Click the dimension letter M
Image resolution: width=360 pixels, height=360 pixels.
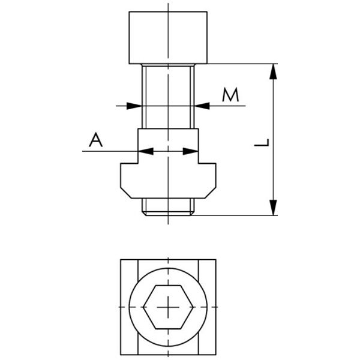pyautogui.click(x=230, y=95)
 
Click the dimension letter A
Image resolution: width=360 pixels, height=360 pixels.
pyautogui.click(x=96, y=140)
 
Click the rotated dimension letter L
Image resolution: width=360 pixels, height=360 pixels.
pyautogui.click(x=262, y=143)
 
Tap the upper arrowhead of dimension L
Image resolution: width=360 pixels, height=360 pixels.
pyautogui.click(x=273, y=71)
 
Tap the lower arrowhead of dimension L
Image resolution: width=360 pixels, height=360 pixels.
pyautogui.click(x=273, y=208)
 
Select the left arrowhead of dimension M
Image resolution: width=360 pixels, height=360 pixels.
pyautogui.click(x=134, y=106)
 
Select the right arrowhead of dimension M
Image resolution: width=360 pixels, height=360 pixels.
pyautogui.click(x=202, y=106)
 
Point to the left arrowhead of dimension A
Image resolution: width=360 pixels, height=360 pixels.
pyautogui.click(x=146, y=151)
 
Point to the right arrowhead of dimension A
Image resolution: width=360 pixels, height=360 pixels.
pyautogui.click(x=191, y=151)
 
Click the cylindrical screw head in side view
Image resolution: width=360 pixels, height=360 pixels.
pyautogui.click(x=168, y=38)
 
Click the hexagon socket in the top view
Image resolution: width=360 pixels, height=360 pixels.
pyautogui.click(x=168, y=307)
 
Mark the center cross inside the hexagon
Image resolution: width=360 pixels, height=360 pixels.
pyautogui.click(x=168, y=307)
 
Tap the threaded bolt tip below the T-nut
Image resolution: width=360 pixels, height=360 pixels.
pyautogui.click(x=168, y=207)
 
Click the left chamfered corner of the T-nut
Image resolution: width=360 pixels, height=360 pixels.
pyautogui.click(x=126, y=193)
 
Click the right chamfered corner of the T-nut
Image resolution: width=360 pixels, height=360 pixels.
pyautogui.click(x=211, y=193)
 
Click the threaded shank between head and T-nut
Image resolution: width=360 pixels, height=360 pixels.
pyautogui.click(x=168, y=96)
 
